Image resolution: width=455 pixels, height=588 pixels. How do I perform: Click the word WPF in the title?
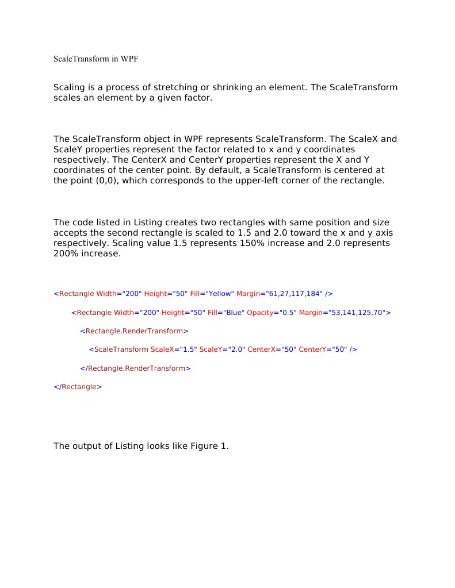[129, 59]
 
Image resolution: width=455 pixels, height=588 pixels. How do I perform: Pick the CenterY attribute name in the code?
[314, 349]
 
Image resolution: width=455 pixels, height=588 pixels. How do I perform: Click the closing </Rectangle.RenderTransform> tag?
[135, 368]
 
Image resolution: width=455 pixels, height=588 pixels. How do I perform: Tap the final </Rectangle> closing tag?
[78, 387]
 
